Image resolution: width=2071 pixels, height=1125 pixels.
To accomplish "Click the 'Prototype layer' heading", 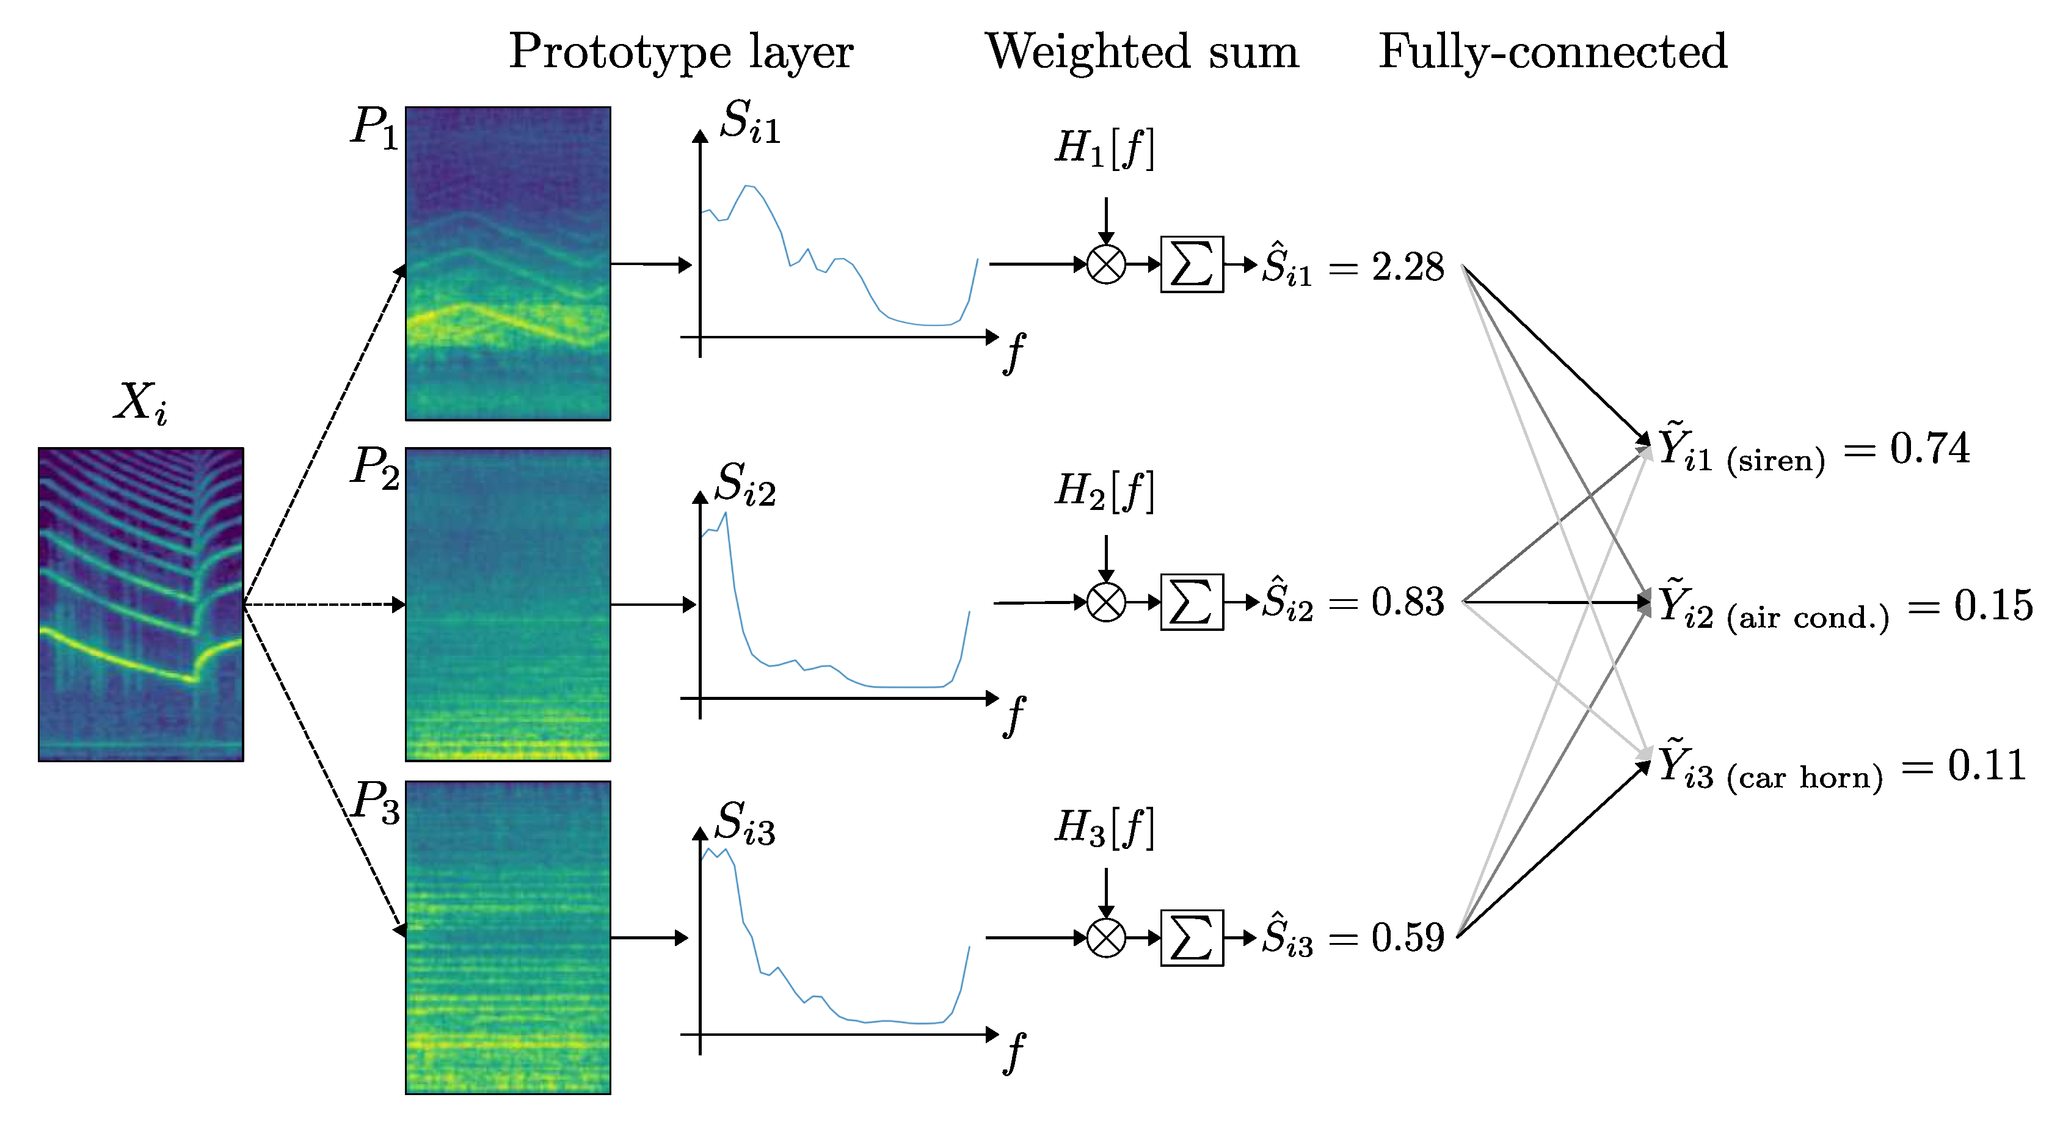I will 680,53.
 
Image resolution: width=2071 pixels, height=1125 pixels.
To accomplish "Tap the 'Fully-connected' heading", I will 1552,53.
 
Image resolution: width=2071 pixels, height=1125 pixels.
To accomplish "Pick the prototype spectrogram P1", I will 508,263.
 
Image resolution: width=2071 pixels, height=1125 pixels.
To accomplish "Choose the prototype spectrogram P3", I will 508,937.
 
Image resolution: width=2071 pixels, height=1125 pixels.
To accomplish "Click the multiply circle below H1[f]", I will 1105,264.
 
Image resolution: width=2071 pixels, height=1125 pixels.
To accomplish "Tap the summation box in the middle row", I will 1192,602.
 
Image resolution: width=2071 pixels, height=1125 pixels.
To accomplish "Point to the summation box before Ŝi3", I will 1192,938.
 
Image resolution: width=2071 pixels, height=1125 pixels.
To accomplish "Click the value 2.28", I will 1408,267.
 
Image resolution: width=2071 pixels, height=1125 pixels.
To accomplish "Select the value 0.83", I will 1408,602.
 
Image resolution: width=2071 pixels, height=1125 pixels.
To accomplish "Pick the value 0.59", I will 1408,938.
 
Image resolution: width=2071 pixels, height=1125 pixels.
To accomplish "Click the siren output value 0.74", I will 1929,449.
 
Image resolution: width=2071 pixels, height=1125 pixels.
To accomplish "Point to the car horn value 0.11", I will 1985,765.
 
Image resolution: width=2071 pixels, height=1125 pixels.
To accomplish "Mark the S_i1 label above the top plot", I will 749,122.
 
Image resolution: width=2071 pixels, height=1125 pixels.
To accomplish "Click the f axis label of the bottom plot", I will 1014,1054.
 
